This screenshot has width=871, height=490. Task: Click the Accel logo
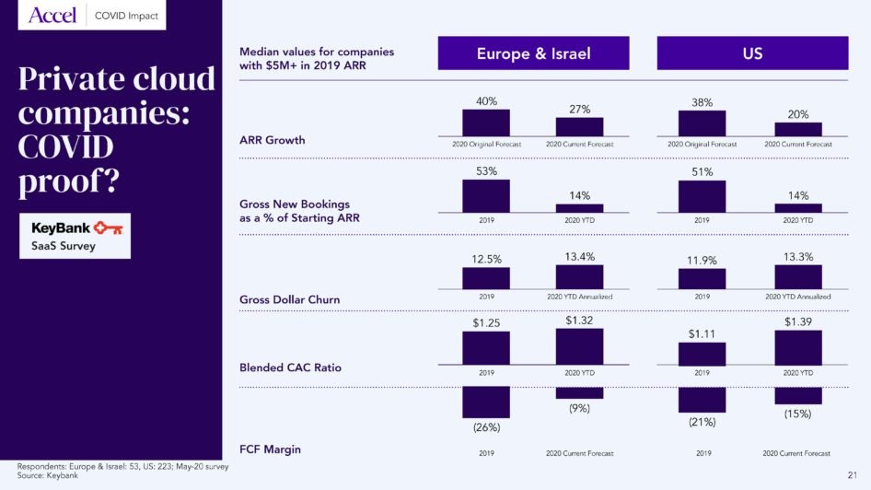pos(52,16)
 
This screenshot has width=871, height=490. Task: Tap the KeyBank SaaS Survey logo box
pos(75,236)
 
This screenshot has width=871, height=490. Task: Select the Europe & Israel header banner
pos(533,53)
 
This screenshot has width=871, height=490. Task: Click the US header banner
pos(751,53)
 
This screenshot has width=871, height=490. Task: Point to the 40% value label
pos(486,100)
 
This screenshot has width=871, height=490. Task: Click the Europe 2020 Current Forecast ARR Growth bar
pos(579,127)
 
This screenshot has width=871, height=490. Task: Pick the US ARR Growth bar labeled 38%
pos(702,123)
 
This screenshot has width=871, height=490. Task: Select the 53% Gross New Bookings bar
pos(486,196)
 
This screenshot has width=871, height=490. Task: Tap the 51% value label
pos(702,171)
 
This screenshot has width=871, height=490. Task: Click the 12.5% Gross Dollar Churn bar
pos(486,279)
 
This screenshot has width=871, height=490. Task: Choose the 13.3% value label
pos(797,256)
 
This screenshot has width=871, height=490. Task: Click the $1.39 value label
pos(797,321)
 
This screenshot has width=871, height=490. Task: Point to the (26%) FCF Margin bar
pos(486,402)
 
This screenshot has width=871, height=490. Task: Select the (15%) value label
pos(797,414)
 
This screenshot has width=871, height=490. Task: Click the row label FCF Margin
pos(271,449)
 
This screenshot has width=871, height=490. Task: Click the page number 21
pos(852,474)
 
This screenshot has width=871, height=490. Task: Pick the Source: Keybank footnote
pos(48,475)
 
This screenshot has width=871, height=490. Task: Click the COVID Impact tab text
pos(126,16)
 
